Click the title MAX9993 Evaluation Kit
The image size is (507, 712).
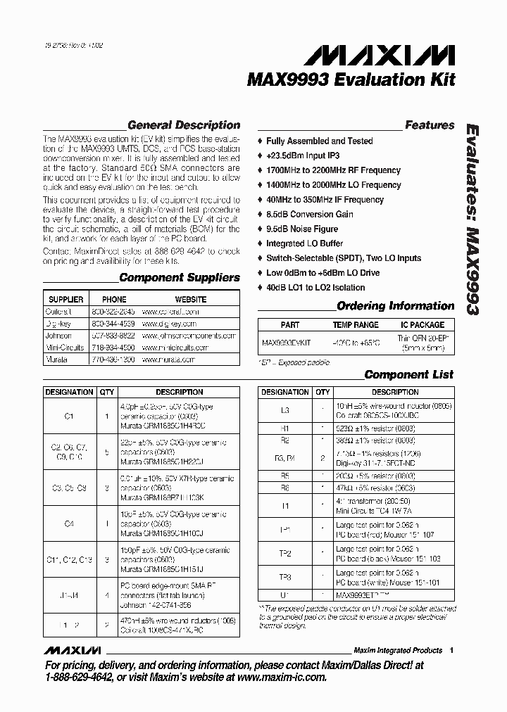click(351, 80)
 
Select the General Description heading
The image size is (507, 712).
click(184, 125)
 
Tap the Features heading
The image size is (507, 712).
click(429, 125)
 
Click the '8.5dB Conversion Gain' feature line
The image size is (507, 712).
click(309, 214)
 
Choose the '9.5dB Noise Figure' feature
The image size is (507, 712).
click(301, 229)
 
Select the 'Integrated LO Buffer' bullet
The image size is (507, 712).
click(305, 243)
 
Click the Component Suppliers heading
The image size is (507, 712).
click(180, 277)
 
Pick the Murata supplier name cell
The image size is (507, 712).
click(58, 358)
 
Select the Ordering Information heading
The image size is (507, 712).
click(395, 306)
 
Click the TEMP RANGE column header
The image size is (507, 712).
click(356, 325)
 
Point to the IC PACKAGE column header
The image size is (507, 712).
click(423, 325)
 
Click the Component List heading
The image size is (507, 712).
click(408, 374)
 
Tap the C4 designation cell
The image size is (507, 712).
click(69, 524)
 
